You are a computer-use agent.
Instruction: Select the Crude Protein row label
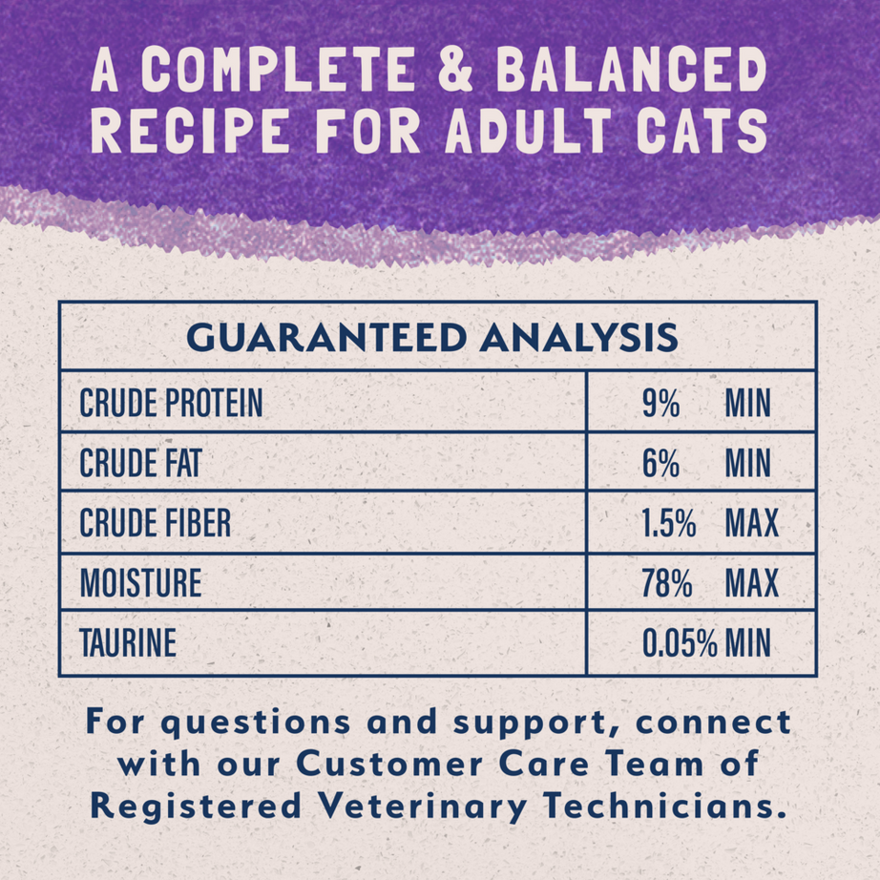[x=171, y=404]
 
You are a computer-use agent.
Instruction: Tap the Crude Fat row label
[x=140, y=464]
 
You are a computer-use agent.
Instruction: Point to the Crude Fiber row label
[x=156, y=523]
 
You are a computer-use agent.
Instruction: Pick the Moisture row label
[x=140, y=583]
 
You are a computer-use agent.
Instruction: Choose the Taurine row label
[x=128, y=642]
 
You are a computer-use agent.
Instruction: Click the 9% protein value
[x=660, y=404]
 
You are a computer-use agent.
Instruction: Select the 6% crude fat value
[x=660, y=464]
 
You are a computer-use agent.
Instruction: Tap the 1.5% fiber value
[x=668, y=523]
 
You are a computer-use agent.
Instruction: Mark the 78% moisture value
[x=667, y=583]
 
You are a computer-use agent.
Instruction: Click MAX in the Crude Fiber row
[x=752, y=523]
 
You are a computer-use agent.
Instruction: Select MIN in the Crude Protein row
[x=747, y=404]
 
